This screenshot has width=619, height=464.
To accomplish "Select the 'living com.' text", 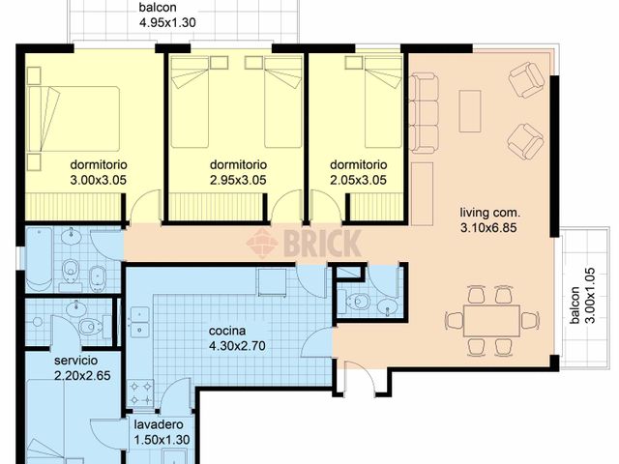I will pos(490,213).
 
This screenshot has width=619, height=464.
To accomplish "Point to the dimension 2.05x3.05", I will pos(358,179).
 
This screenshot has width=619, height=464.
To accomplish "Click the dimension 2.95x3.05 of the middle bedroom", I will pos(238,179).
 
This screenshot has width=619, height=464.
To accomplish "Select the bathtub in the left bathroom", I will pos(40,258).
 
